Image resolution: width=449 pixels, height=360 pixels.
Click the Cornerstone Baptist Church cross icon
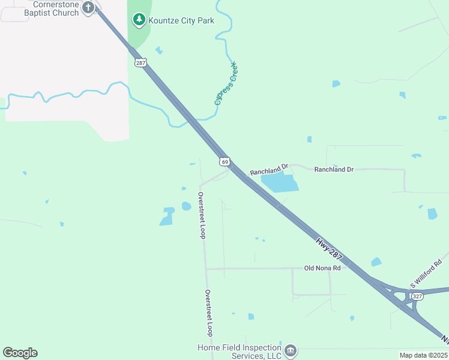tap(88, 8)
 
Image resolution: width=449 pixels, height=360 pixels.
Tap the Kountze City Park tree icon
tap(139, 20)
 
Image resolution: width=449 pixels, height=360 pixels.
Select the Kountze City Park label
tap(181, 20)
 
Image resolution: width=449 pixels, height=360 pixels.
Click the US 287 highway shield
tap(139, 62)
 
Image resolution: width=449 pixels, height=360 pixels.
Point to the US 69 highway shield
tap(224, 161)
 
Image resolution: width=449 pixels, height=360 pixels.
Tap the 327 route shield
tap(418, 296)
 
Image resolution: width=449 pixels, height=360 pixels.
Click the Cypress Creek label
tap(226, 83)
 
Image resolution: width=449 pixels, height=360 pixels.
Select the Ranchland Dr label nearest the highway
tap(270, 172)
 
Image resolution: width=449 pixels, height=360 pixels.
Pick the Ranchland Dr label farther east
tap(334, 170)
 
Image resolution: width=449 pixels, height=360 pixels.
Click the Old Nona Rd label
tap(322, 268)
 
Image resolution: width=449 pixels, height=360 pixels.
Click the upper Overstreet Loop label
tap(202, 215)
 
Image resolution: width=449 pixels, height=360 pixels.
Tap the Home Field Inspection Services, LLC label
tap(240, 352)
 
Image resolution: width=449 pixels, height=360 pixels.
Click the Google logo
tap(20, 353)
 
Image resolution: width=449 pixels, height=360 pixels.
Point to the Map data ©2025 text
tap(423, 355)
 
